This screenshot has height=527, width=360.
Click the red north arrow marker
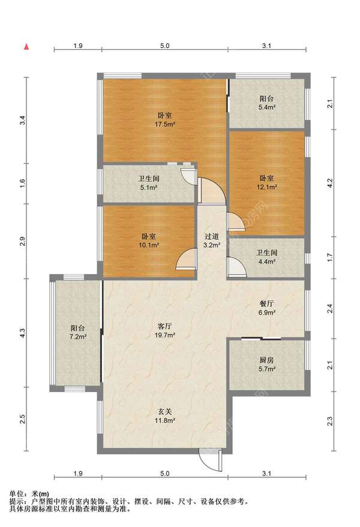tap(26, 46)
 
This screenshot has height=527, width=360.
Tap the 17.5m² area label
tap(165, 124)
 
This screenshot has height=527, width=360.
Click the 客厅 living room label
tap(165, 326)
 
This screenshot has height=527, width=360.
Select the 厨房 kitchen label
tap(266, 360)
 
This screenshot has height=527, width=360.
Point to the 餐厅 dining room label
tap(266, 303)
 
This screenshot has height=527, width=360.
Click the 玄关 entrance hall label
tap(165, 411)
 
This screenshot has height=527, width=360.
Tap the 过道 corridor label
tap(212, 236)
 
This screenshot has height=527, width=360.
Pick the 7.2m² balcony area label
tap(78, 337)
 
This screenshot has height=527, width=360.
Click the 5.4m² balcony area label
tap(267, 107)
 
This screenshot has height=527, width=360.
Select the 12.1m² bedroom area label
tap(267, 187)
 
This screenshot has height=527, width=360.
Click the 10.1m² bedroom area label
tap(149, 245)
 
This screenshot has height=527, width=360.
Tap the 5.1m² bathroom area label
tap(149, 188)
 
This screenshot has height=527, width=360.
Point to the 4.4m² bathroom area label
tap(267, 261)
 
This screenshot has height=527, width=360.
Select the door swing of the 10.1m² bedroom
tap(187, 259)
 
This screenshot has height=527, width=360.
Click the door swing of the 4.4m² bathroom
tap(236, 267)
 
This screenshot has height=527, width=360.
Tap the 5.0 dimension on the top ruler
tap(165, 46)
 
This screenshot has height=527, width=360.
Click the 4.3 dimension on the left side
tap(22, 333)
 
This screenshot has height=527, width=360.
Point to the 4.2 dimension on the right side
tap(331, 183)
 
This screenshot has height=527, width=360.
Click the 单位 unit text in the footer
tap(16, 494)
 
